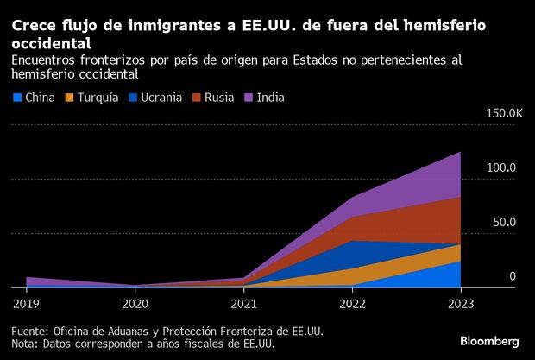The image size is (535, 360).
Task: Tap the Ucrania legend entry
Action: pos(160,98)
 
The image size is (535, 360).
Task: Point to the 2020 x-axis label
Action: pos(135,303)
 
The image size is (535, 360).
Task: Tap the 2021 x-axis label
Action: pos(243,303)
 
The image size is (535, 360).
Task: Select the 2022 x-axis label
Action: pos(352,303)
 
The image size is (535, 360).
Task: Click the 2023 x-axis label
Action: pos(460,303)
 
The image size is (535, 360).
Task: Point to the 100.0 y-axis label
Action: pos(500,167)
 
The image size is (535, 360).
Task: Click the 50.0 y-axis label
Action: pos(504,222)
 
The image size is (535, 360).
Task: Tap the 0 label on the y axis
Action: pos(513,276)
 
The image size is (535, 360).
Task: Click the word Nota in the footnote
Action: pos(26,344)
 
